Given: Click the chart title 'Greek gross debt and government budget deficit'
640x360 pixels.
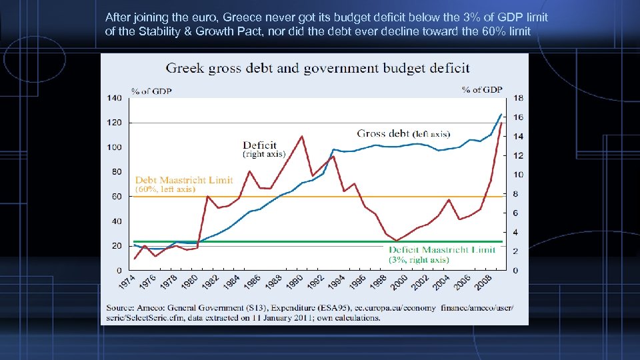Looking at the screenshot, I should [x=317, y=68].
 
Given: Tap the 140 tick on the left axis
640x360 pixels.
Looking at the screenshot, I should [x=114, y=98].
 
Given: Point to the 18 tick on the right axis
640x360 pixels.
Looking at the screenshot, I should [x=518, y=98].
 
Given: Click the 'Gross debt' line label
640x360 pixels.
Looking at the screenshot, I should [x=383, y=133].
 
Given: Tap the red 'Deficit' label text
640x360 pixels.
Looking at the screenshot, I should [x=259, y=145].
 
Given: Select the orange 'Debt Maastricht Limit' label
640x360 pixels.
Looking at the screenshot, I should [x=184, y=180].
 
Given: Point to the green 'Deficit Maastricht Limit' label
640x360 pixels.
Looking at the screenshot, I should [x=442, y=249].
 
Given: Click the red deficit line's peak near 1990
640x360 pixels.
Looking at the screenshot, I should [x=302, y=136].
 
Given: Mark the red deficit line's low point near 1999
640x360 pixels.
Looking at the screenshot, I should [x=397, y=240].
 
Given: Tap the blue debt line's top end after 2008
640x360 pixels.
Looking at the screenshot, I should [x=501, y=114].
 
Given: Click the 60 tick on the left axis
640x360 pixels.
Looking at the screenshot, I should [x=116, y=197].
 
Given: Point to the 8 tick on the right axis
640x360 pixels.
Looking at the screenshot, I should [x=515, y=194].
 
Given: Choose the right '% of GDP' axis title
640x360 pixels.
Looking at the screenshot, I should [x=482, y=90].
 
